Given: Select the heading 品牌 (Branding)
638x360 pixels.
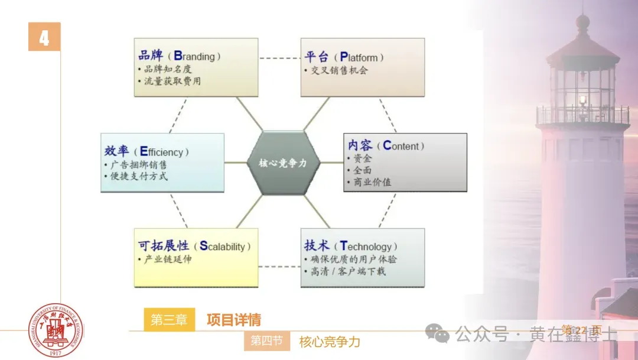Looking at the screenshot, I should coord(179,56).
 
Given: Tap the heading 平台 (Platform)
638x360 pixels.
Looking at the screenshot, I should coord(344,57).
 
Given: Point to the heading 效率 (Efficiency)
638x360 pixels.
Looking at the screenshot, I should coord(146,151).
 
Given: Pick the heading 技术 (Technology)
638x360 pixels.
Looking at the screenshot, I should coord(350,246).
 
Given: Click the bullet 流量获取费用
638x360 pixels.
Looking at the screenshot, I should coord(172,82).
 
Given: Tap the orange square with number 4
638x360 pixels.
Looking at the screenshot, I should coord(44,37).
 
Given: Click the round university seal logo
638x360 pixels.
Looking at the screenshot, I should coord(56,330).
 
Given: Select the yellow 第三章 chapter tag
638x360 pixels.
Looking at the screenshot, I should coord(169,320).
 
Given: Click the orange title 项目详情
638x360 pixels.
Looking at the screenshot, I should coord(234,320).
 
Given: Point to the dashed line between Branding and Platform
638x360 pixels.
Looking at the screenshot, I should coord(279,59).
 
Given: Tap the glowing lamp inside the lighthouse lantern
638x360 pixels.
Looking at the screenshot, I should coord(582,99).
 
